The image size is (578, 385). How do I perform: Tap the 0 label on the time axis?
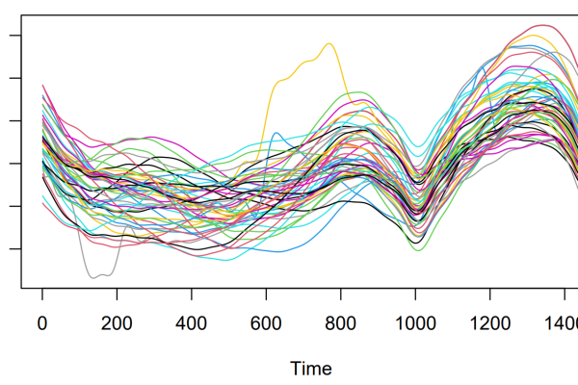pyautogui.click(x=42, y=322)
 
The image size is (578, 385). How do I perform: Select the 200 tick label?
pyautogui.click(x=117, y=322)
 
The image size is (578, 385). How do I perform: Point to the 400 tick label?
pyautogui.click(x=192, y=322)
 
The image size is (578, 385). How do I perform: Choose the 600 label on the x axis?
pyautogui.click(x=266, y=322)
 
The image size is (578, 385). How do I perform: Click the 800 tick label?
pyautogui.click(x=341, y=322)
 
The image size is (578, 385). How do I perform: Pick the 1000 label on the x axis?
pyautogui.click(x=415, y=322)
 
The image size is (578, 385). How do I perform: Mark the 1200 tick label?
pyautogui.click(x=489, y=322)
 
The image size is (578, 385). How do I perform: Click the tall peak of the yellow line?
pyautogui.click(x=329, y=43)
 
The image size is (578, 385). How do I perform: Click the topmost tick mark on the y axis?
pyautogui.click(x=13, y=36)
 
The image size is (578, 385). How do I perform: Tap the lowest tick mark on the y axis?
pyautogui.click(x=13, y=248)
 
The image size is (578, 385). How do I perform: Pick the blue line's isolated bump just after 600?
pyautogui.click(x=276, y=133)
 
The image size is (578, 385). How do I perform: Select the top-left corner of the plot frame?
pyautogui.click(x=21, y=15)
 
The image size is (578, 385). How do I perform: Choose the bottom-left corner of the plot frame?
pyautogui.click(x=21, y=287)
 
